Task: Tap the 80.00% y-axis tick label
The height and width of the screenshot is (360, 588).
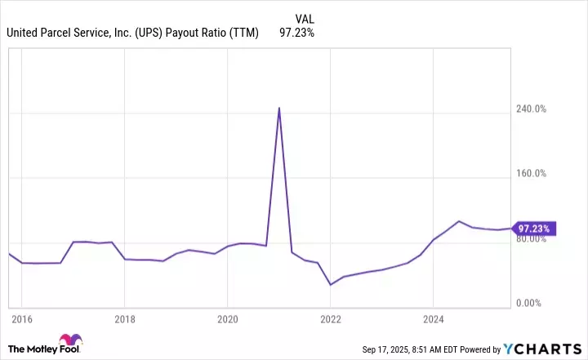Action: tap(532, 238)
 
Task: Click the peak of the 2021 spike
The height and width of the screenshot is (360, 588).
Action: tap(279, 108)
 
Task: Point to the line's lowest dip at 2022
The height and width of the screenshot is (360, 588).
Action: tap(330, 285)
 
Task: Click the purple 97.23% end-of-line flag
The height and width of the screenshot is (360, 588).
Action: tap(534, 228)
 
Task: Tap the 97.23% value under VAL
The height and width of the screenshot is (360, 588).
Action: tap(296, 33)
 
